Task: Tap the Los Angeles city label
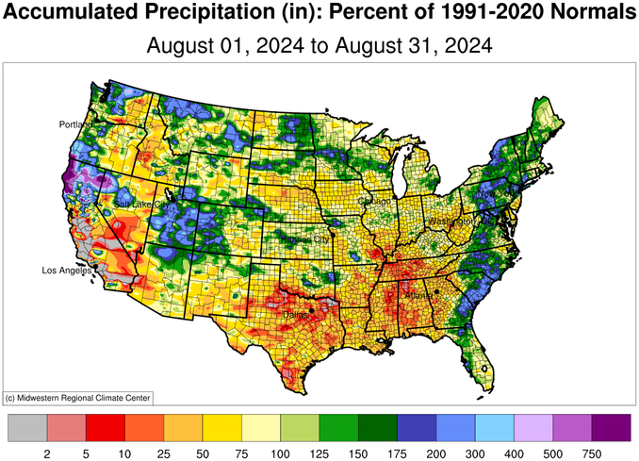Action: (x=67, y=271)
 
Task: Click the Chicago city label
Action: (x=374, y=202)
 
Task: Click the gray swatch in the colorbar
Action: (x=26, y=428)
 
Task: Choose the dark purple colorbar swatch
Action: (x=612, y=428)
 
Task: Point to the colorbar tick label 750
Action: (x=593, y=453)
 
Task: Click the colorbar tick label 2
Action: (x=46, y=453)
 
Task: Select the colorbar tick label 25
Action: (x=164, y=453)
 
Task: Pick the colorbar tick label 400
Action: (x=515, y=453)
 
